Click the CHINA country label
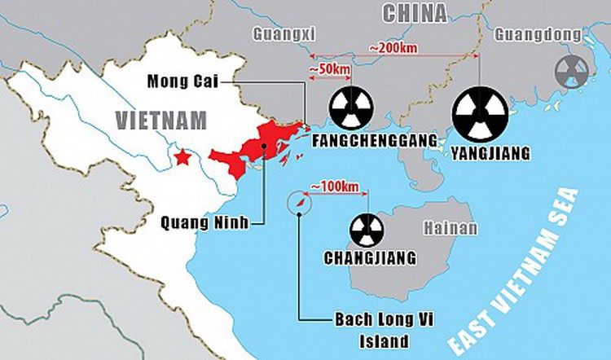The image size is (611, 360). pyautogui.click(x=415, y=13)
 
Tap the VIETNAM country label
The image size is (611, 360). pyautogui.click(x=161, y=121)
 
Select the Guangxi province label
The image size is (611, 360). pyautogui.click(x=284, y=33)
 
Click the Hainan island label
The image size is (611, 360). pyautogui.click(x=450, y=228)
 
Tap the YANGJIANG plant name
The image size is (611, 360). pyautogui.click(x=490, y=152)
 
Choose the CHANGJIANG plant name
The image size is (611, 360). pyautogui.click(x=371, y=258)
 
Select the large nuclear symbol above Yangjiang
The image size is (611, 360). pyautogui.click(x=480, y=112)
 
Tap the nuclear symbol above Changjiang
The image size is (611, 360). pyautogui.click(x=367, y=230)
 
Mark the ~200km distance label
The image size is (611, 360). pyautogui.click(x=393, y=47)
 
